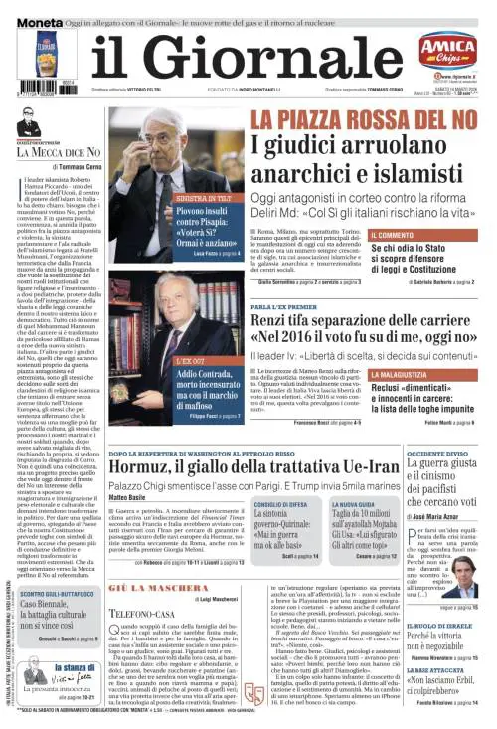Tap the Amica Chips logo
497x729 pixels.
tap(446, 49)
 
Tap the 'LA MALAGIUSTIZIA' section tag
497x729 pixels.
tap(407, 375)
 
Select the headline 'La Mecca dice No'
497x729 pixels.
tap(59, 152)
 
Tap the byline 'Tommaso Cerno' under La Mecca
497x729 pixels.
tap(66, 166)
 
